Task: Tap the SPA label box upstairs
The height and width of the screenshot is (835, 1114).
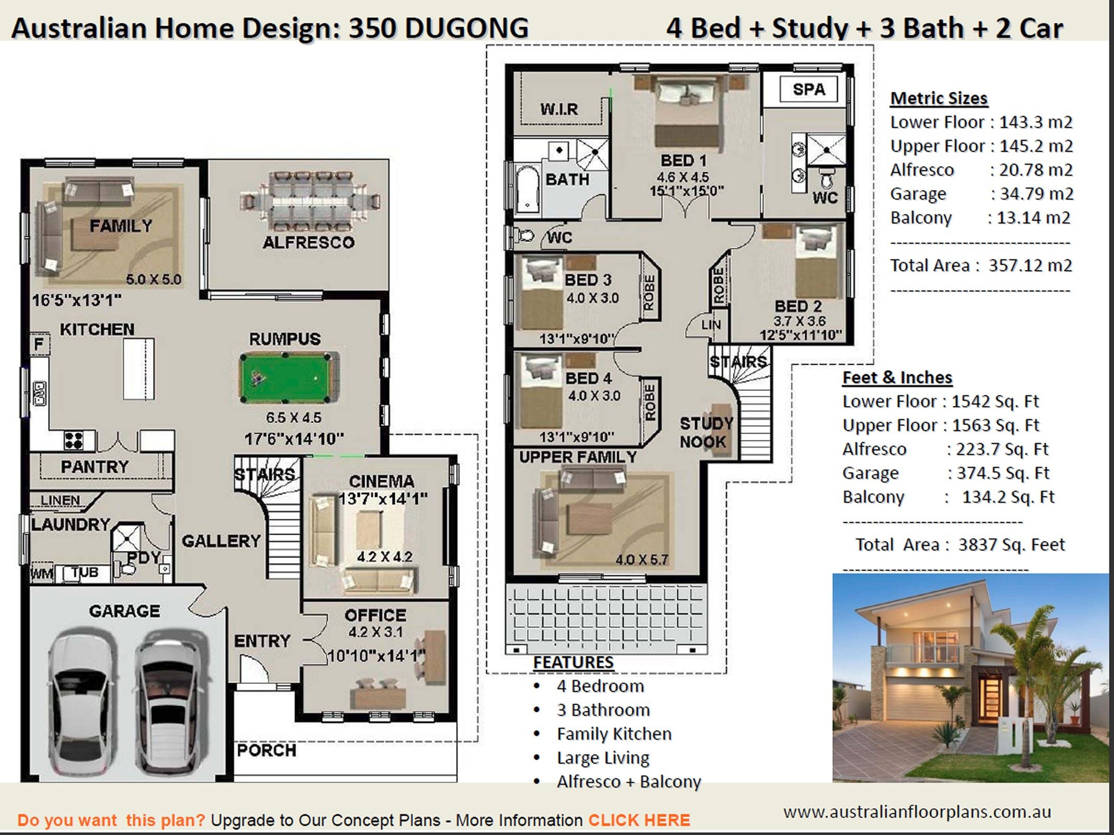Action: [x=809, y=89]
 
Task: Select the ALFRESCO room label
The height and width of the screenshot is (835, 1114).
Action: [x=309, y=242]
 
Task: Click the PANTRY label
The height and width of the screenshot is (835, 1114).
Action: [x=95, y=467]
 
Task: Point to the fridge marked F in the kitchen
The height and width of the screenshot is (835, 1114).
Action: [x=39, y=344]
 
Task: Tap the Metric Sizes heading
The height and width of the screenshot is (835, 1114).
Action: [x=939, y=98]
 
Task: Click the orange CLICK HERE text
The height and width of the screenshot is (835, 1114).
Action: [x=639, y=820]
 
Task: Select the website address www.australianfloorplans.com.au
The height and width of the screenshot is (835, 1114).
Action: [x=917, y=812]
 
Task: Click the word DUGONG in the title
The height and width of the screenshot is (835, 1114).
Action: [x=466, y=28]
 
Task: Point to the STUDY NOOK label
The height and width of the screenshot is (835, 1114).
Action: [x=706, y=432]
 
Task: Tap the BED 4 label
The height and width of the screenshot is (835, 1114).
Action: [x=589, y=378]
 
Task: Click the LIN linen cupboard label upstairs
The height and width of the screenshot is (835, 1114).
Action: [x=711, y=325]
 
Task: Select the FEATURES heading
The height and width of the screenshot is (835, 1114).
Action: [x=573, y=662]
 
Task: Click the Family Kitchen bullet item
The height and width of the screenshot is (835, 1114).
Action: [x=614, y=734]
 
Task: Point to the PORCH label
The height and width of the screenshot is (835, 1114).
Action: [x=266, y=750]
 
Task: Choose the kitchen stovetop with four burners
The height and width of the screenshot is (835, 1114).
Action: [x=74, y=440]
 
